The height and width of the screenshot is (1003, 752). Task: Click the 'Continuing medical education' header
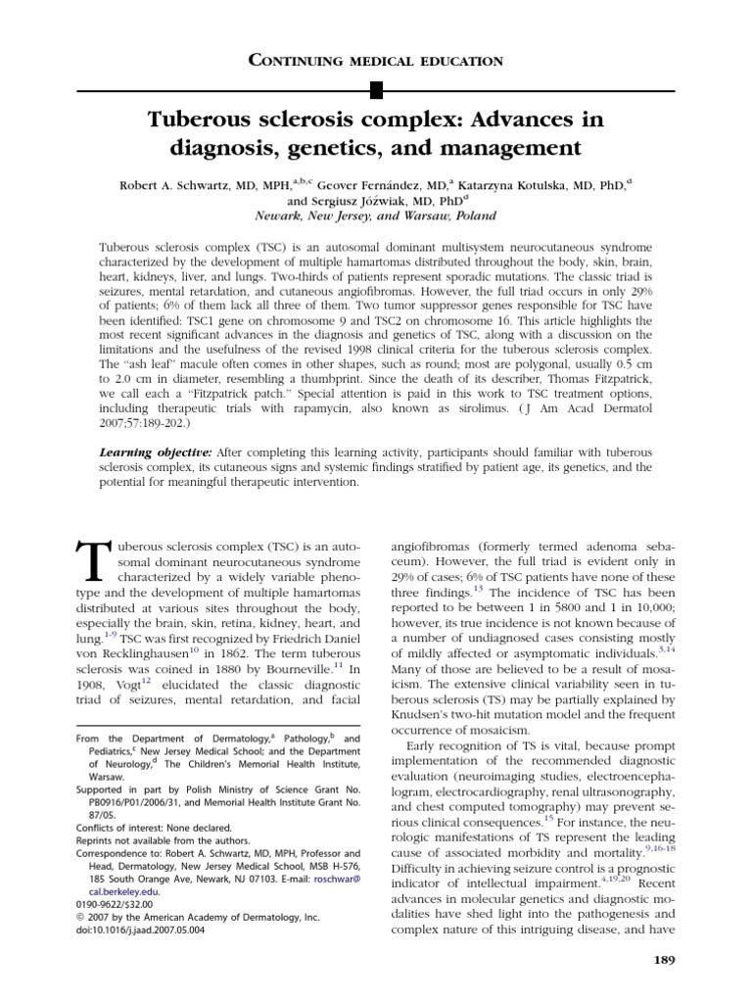377,61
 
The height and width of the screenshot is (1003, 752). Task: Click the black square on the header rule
376,91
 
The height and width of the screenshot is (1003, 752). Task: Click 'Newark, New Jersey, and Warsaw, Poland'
375,215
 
